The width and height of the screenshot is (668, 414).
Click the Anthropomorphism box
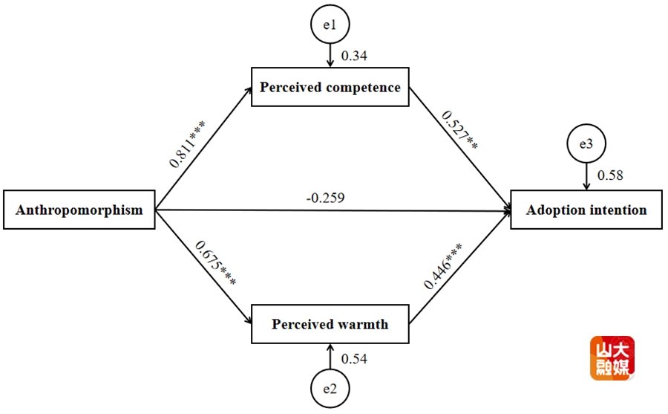tap(79, 210)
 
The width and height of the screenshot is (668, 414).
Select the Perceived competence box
tap(330, 88)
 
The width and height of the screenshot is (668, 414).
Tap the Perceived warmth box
tap(330, 324)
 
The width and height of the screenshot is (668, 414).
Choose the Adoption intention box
tap(586, 210)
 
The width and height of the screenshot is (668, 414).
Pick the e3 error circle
tap(586, 144)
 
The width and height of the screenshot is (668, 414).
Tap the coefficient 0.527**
tap(460, 131)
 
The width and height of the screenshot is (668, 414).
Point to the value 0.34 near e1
tap(354, 56)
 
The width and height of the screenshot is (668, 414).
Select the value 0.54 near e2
tap(354, 359)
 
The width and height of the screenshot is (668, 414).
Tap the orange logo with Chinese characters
tap(612, 359)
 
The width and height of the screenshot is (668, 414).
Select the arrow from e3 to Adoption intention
tap(586, 177)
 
